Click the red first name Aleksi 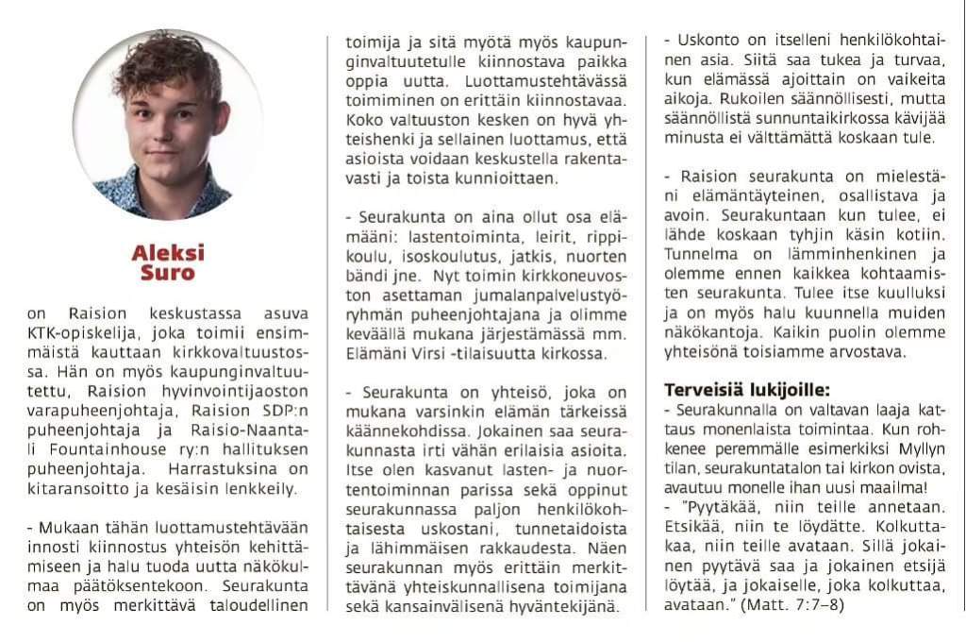coord(168,253)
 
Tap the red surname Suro coord(168,273)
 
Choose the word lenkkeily coord(263,488)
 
